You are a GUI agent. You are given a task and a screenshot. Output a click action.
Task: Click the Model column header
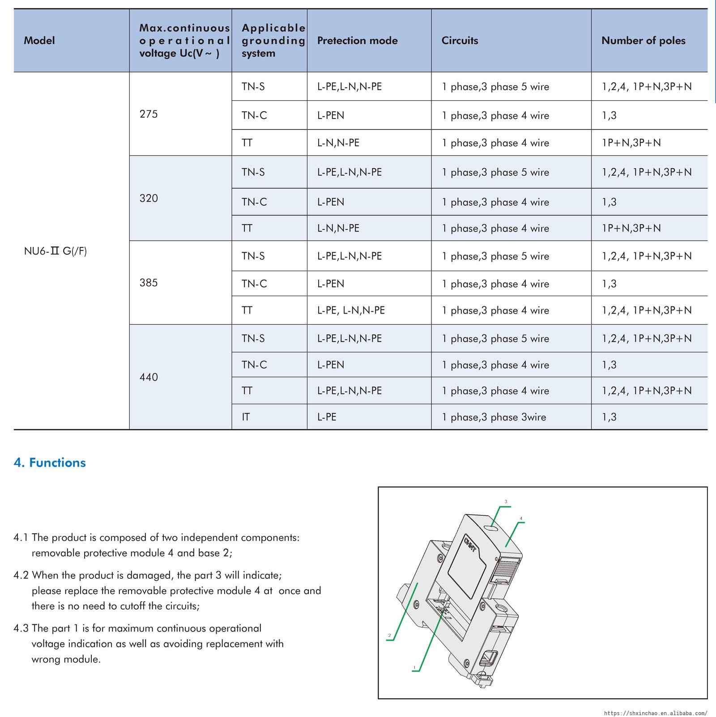click(39, 41)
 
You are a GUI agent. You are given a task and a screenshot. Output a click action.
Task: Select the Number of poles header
click(643, 41)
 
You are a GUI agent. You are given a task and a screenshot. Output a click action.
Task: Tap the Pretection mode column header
click(357, 41)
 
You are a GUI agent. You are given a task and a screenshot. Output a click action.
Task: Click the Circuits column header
click(460, 41)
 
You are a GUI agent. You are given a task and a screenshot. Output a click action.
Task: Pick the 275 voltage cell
click(149, 114)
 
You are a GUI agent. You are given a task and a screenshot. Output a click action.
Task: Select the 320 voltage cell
click(149, 198)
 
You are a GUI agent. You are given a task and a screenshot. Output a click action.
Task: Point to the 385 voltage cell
click(149, 283)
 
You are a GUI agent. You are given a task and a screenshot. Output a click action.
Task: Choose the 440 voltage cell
click(149, 377)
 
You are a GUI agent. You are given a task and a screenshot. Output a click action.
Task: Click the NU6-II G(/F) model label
click(55, 251)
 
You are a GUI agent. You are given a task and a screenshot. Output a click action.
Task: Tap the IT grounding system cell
click(246, 417)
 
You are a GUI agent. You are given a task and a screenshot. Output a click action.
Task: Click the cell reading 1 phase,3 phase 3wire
click(494, 417)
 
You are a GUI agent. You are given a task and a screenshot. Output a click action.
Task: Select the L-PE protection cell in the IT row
click(327, 417)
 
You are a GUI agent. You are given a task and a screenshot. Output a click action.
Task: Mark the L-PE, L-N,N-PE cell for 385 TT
click(351, 310)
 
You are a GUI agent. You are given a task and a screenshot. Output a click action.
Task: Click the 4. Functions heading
click(50, 462)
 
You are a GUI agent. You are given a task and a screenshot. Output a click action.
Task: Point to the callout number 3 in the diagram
click(506, 501)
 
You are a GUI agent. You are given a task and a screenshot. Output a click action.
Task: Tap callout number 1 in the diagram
click(414, 668)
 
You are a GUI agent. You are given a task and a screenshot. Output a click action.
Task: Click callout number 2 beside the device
click(389, 635)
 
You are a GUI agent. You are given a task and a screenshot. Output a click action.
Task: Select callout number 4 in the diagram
click(521, 518)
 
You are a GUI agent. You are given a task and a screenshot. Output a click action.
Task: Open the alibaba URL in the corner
click(656, 713)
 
